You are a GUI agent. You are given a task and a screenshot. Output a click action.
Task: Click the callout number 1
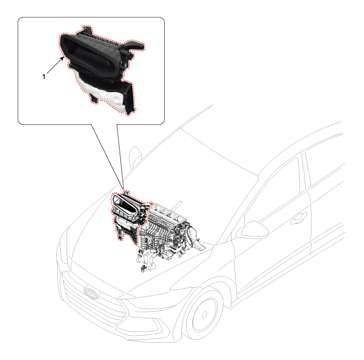tap(44, 76)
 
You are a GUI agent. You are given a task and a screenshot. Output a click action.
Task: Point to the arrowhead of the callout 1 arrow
tap(62, 58)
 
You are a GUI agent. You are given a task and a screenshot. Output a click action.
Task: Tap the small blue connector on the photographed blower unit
tap(125, 65)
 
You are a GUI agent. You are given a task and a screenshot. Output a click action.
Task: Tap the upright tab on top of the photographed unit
tap(87, 30)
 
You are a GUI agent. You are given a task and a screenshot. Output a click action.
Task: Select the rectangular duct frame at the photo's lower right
tap(129, 98)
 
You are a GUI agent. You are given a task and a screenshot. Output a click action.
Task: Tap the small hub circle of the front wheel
tap(204, 315)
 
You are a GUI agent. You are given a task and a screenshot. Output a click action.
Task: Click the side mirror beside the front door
tap(255, 230)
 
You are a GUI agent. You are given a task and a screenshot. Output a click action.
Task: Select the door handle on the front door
tap(299, 218)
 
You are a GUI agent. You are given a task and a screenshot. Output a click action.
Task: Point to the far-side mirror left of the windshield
tap(135, 156)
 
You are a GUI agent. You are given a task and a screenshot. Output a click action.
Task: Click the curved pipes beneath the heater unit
tap(149, 258)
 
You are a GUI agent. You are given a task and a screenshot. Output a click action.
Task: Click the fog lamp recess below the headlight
tap(144, 329)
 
